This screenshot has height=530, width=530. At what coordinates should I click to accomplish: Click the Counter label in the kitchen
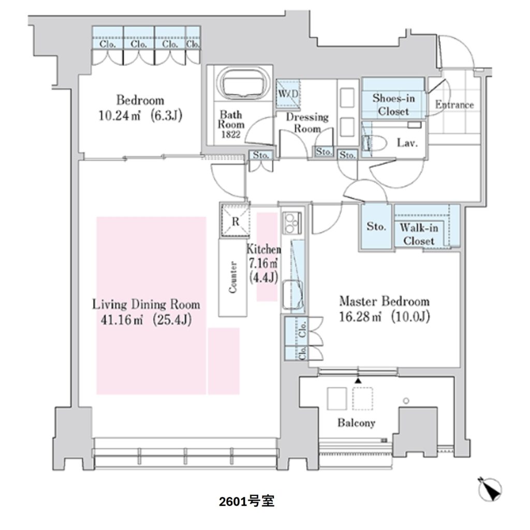[x=233, y=277]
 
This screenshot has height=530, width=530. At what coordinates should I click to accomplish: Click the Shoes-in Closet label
[x=393, y=104]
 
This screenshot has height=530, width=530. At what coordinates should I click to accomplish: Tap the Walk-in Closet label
[x=419, y=234]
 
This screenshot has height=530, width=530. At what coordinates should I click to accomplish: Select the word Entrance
[x=454, y=105]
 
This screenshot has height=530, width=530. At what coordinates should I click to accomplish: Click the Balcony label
[x=356, y=423]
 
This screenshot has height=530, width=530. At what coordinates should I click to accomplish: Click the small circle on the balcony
[x=406, y=401]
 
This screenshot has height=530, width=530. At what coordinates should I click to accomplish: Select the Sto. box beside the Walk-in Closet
[x=377, y=227]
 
